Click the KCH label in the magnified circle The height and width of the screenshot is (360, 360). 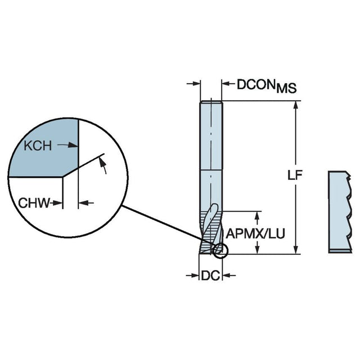[38, 146]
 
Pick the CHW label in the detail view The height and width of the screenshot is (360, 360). [31, 202]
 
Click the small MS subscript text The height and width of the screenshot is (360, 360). [287, 88]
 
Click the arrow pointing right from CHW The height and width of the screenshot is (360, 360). [56, 202]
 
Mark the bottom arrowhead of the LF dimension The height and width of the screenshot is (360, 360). [295, 250]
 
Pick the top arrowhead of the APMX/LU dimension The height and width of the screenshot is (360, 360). [258, 215]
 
